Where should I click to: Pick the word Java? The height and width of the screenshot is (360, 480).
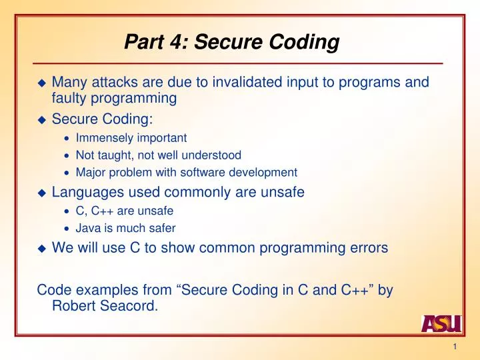[x=88, y=227]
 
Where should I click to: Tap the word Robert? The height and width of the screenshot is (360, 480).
[x=72, y=307]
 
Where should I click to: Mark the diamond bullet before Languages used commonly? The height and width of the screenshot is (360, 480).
[x=41, y=193]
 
